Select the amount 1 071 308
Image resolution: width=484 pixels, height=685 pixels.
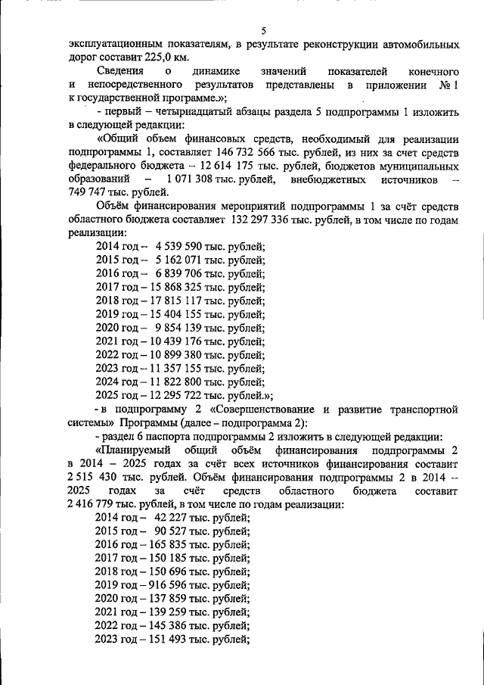tap(182, 179)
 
